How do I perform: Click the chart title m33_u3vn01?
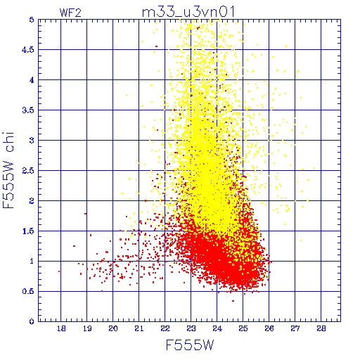(188, 12)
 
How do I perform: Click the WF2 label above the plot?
(70, 13)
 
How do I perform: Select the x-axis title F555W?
(190, 345)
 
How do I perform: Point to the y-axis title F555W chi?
(8, 170)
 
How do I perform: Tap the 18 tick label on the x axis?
(61, 328)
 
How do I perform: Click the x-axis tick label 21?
(139, 328)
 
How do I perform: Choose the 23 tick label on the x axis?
(191, 328)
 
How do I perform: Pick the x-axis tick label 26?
(269, 328)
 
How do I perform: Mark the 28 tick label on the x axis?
(321, 328)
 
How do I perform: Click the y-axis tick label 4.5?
(28, 50)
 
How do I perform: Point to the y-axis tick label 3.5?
(28, 110)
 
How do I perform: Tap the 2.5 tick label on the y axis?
(28, 171)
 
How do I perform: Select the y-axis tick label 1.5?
(28, 231)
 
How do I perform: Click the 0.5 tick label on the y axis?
(28, 292)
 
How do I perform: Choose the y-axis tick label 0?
(32, 321)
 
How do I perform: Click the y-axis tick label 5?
(32, 20)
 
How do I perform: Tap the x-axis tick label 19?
(87, 328)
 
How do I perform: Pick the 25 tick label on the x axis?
(243, 328)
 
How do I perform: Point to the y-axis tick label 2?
(32, 201)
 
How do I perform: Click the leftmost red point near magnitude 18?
(59, 271)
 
